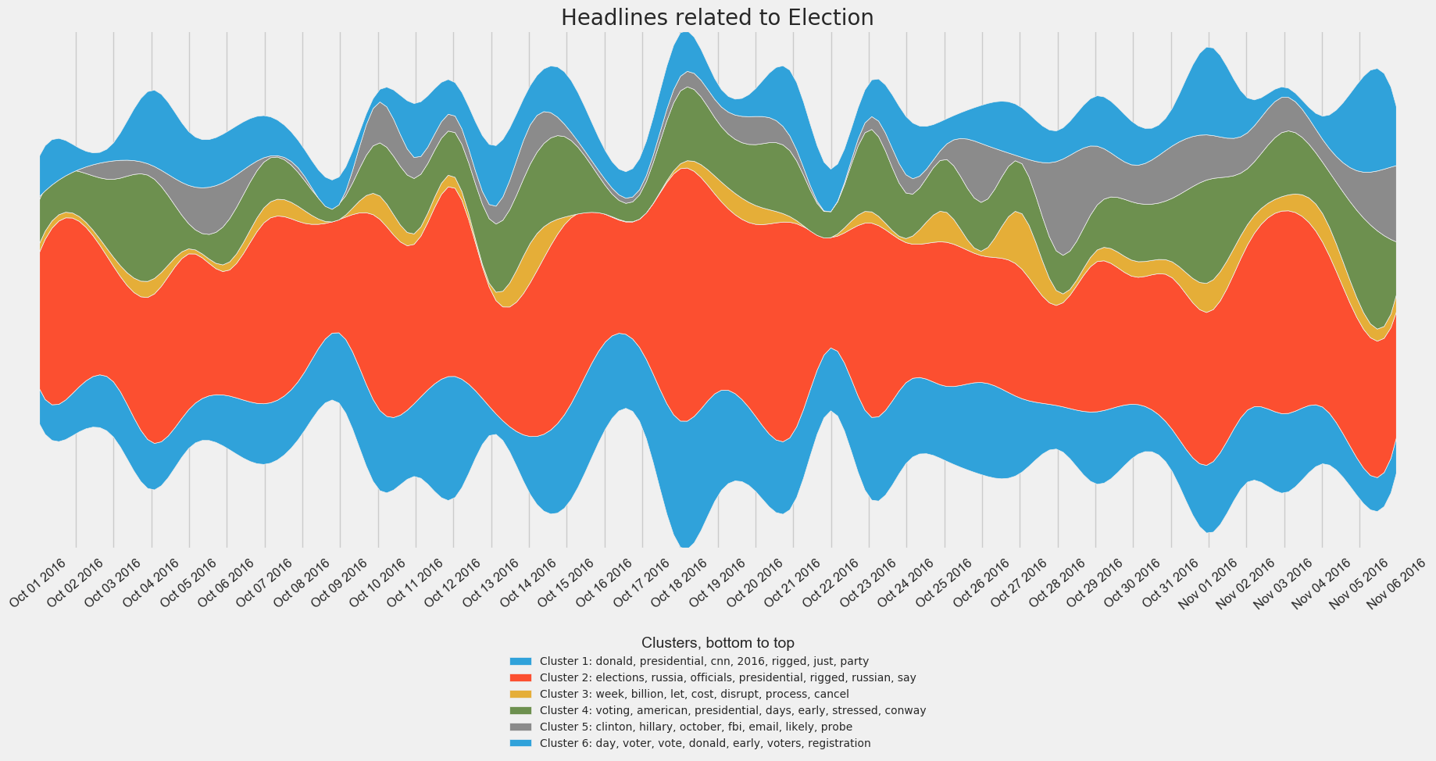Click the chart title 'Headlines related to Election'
click(717, 17)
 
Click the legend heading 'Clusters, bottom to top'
click(717, 643)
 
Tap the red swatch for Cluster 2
click(520, 677)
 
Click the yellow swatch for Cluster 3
click(520, 694)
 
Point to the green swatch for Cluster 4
click(520, 710)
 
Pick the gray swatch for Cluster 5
click(520, 727)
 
